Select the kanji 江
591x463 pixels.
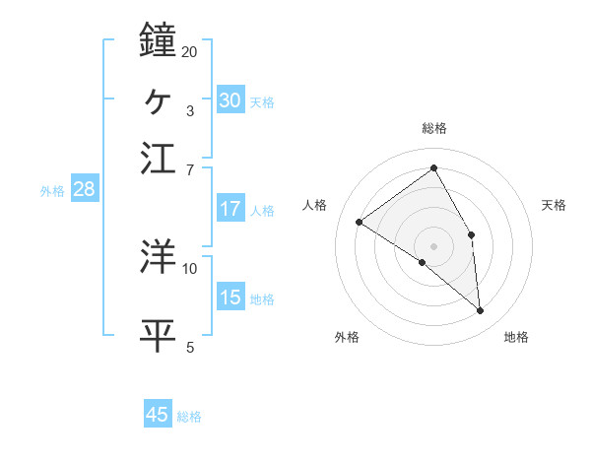pyautogui.click(x=159, y=158)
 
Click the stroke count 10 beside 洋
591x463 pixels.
pyautogui.click(x=190, y=268)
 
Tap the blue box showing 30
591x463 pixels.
pyautogui.click(x=230, y=99)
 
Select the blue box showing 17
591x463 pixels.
pyautogui.click(x=230, y=209)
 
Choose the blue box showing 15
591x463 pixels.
pyautogui.click(x=230, y=298)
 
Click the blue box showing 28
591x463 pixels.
pyautogui.click(x=84, y=189)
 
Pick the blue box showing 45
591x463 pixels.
pyautogui.click(x=158, y=415)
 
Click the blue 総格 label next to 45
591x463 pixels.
pyautogui.click(x=189, y=417)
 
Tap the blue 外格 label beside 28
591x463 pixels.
pyautogui.click(x=51, y=191)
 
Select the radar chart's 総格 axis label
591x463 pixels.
pyautogui.click(x=434, y=128)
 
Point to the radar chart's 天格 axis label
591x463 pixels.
pyautogui.click(x=555, y=205)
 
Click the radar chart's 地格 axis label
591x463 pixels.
pyautogui.click(x=516, y=337)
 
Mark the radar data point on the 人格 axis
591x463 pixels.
pyautogui.click(x=360, y=222)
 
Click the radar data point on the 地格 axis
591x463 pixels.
pyautogui.click(x=480, y=311)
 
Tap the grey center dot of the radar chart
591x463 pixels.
pyautogui.click(x=434, y=245)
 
